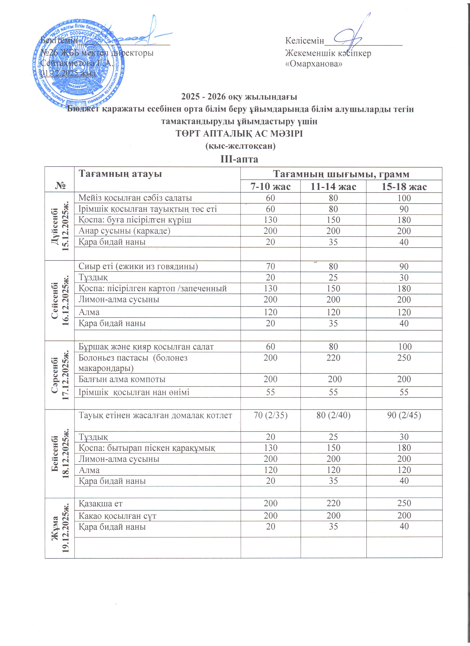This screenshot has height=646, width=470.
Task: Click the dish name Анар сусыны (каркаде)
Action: (x=124, y=231)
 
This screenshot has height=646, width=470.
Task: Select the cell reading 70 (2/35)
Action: (x=270, y=415)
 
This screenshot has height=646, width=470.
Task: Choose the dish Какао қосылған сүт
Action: (x=117, y=516)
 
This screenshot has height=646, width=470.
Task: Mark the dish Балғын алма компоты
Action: (x=122, y=379)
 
